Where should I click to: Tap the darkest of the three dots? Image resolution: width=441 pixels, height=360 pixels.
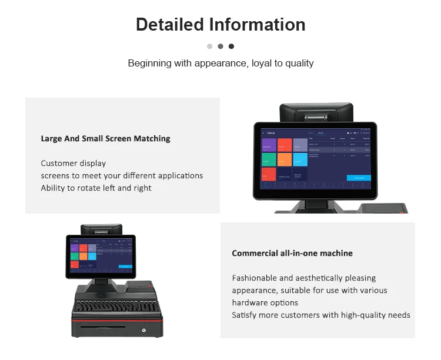(x=231, y=46)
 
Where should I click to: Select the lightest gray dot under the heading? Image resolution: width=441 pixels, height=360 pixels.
(x=210, y=46)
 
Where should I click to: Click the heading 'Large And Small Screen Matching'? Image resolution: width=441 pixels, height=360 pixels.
(x=105, y=139)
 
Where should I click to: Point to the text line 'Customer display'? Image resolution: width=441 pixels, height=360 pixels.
(x=73, y=163)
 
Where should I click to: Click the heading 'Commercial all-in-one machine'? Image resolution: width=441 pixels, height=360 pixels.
(x=292, y=253)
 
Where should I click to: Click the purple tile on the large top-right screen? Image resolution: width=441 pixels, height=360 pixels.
(x=268, y=145)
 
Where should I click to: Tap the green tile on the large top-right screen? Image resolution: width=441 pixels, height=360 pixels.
(x=268, y=159)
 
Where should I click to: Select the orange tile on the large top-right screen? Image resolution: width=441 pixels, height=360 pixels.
(x=284, y=159)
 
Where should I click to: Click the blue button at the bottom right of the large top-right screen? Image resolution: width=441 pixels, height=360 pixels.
(x=358, y=178)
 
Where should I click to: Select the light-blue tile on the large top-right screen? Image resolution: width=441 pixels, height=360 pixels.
(x=300, y=159)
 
